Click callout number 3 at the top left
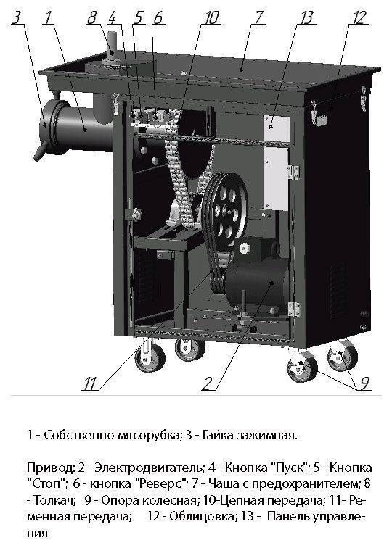tap(16, 18)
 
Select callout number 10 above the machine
tap(211, 18)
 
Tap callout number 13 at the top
tap(306, 18)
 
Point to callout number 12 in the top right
tap(359, 18)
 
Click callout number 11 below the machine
tap(89, 384)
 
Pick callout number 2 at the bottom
tap(207, 383)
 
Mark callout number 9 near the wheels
tap(364, 383)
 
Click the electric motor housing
tap(258, 281)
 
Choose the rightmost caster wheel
tap(343, 355)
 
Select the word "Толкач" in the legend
tap(54, 500)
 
